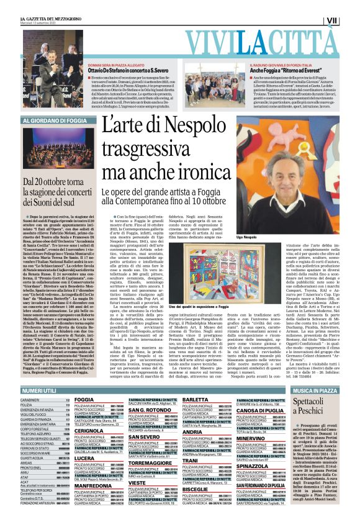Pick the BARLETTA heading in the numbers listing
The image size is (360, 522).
click(x=196, y=400)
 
